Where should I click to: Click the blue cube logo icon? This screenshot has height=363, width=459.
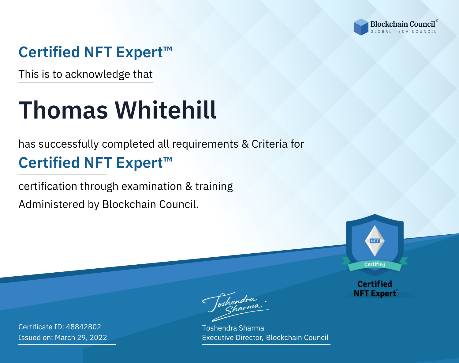pyautogui.click(x=361, y=27)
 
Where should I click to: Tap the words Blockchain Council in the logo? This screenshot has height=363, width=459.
pyautogui.click(x=403, y=24)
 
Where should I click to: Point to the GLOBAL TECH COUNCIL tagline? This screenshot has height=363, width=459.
pyautogui.click(x=403, y=32)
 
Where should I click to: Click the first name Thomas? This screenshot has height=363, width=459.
pyautogui.click(x=63, y=110)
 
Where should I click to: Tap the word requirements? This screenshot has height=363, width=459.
pyautogui.click(x=205, y=144)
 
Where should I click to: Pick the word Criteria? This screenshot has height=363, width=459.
pyautogui.click(x=269, y=144)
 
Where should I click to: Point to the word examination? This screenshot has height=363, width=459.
pyautogui.click(x=152, y=186)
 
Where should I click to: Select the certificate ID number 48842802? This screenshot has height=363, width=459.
pyautogui.click(x=84, y=327)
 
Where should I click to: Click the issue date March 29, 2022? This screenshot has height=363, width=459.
pyautogui.click(x=81, y=338)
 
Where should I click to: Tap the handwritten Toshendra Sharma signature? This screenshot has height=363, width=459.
pyautogui.click(x=236, y=306)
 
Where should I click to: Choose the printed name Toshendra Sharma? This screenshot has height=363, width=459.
pyautogui.click(x=233, y=328)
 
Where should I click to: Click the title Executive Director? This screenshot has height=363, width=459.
pyautogui.click(x=232, y=338)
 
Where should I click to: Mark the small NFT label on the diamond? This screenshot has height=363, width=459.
pyautogui.click(x=375, y=241)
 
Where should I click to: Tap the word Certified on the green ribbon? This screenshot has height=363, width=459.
pyautogui.click(x=375, y=265)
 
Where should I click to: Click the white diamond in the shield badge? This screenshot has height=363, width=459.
pyautogui.click(x=375, y=241)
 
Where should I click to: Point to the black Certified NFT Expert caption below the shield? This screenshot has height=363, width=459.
pyautogui.click(x=375, y=289)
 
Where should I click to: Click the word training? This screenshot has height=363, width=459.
pyautogui.click(x=214, y=187)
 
